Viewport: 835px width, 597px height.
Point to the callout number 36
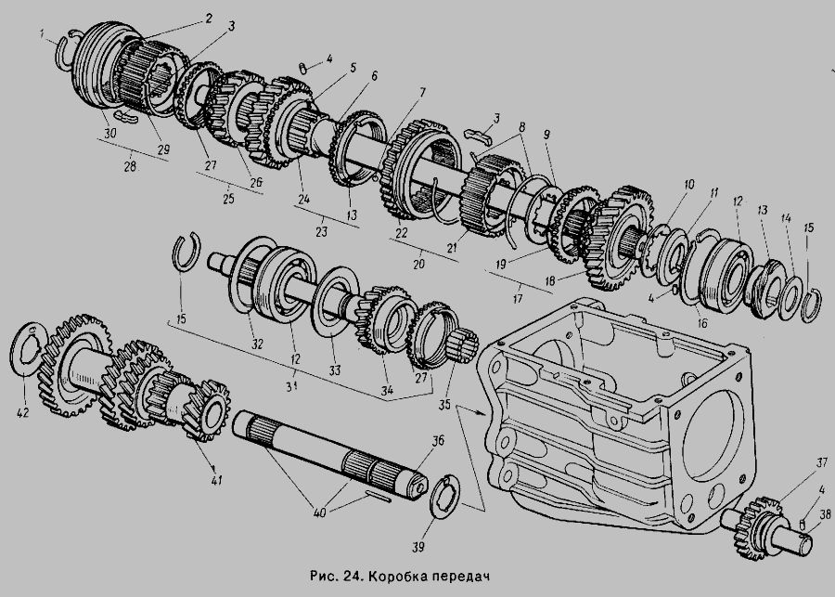[x=437, y=442]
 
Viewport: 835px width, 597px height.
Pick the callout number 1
[x=43, y=34]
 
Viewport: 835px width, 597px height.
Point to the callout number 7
[x=422, y=92]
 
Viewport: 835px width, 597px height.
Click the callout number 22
[x=402, y=232]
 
